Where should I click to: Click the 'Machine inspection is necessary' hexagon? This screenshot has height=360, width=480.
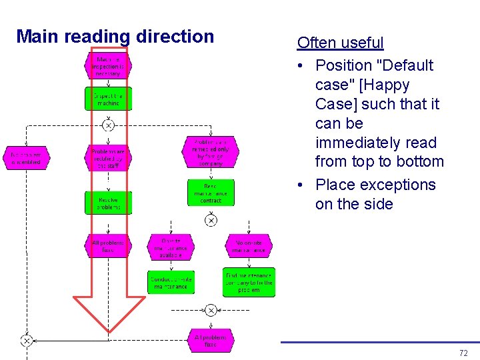point(108,66)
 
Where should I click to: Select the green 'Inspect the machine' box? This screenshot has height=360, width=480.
point(108,99)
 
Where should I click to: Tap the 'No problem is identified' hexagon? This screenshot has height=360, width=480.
point(26,157)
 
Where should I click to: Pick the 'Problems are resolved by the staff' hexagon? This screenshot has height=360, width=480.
point(108,158)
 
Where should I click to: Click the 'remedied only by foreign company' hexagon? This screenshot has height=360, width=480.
point(210,153)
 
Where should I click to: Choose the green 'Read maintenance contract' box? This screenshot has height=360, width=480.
point(211,193)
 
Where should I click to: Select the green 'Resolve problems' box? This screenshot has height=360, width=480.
point(108,203)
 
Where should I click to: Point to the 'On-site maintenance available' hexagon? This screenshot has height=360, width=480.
point(171,247)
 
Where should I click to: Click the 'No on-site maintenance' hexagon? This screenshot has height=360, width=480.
point(249,247)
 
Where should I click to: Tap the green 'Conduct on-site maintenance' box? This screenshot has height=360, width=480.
point(171,282)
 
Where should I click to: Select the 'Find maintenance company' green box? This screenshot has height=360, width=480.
point(249,283)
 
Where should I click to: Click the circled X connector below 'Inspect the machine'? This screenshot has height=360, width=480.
point(108,125)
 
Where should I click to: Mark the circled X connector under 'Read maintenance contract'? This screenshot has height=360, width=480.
point(211,220)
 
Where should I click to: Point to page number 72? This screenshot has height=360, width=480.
point(463,353)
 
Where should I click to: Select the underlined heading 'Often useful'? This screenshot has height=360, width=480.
point(340,43)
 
